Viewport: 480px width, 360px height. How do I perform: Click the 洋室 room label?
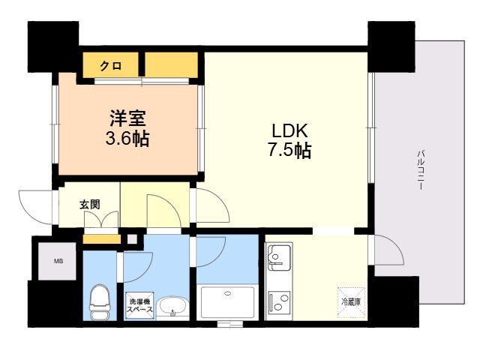pyautogui.click(x=127, y=118)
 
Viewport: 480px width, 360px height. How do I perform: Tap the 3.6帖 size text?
pyautogui.click(x=127, y=139)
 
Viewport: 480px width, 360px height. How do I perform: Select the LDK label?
pyautogui.click(x=290, y=130)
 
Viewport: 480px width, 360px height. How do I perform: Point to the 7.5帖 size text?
pyautogui.click(x=290, y=150)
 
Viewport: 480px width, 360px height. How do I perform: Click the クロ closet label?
pyautogui.click(x=111, y=65)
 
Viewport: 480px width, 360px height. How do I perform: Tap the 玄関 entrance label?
pyautogui.click(x=90, y=204)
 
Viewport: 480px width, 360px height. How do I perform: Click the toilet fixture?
pyautogui.click(x=100, y=301)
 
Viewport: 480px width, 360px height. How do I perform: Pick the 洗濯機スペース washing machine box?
pyautogui.click(x=140, y=305)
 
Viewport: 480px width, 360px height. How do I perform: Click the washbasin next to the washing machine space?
pyautogui.click(x=172, y=308)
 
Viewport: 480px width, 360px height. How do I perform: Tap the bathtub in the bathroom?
pyautogui.click(x=228, y=302)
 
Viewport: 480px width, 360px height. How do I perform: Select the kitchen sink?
pyautogui.click(x=279, y=258)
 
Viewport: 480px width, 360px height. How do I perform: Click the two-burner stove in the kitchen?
pyautogui.click(x=279, y=301)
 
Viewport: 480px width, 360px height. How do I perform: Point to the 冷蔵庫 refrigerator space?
pyautogui.click(x=351, y=302)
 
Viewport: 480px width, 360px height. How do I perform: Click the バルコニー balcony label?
pyautogui.click(x=422, y=170)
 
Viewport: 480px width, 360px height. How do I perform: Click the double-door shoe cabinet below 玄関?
pyautogui.click(x=101, y=219)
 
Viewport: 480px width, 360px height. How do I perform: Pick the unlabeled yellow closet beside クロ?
pyautogui.click(x=171, y=65)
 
